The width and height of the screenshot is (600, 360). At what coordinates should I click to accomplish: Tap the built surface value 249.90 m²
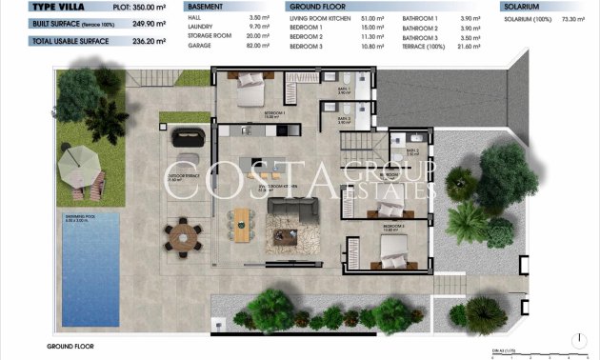point(143,23)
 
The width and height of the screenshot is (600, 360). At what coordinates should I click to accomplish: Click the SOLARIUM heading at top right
point(525,7)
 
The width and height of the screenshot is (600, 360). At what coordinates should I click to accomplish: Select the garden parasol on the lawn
point(77,165)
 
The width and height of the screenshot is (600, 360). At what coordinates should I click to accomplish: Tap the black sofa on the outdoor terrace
point(190,135)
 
